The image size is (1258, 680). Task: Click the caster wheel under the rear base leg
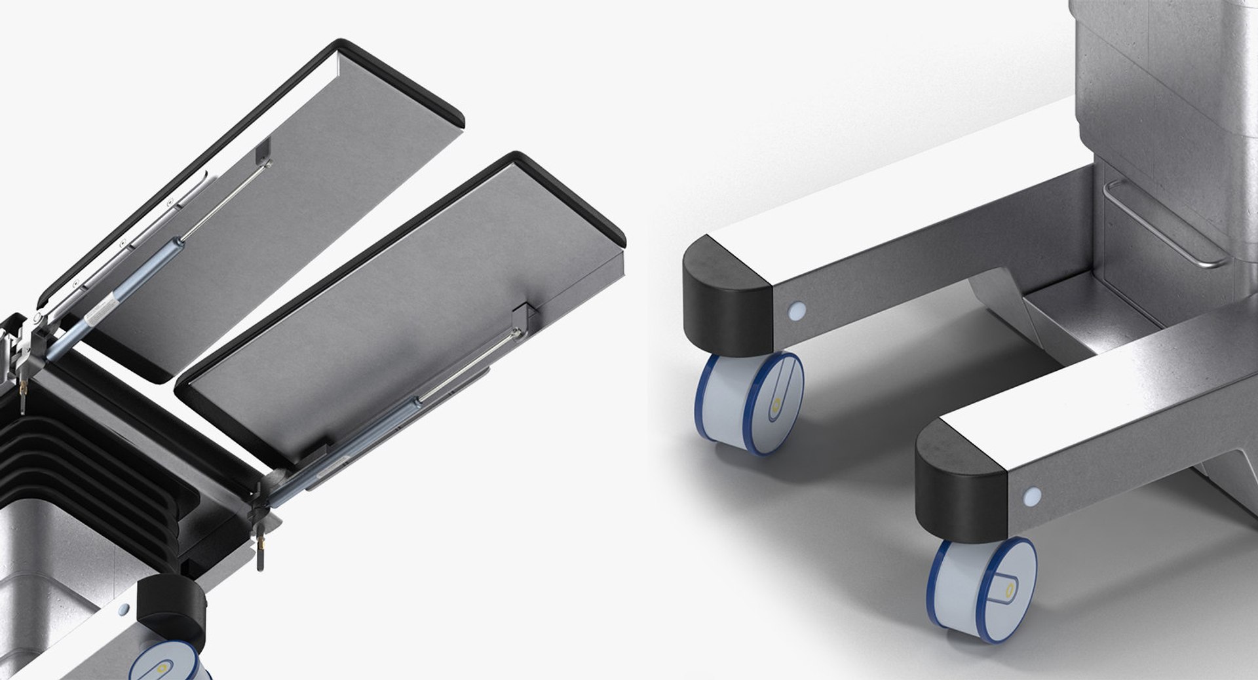click(749, 402)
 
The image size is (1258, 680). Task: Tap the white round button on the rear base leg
click(797, 310)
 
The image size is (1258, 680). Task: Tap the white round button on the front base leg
click(1033, 496)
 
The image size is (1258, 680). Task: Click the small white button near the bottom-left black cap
click(123, 610)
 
